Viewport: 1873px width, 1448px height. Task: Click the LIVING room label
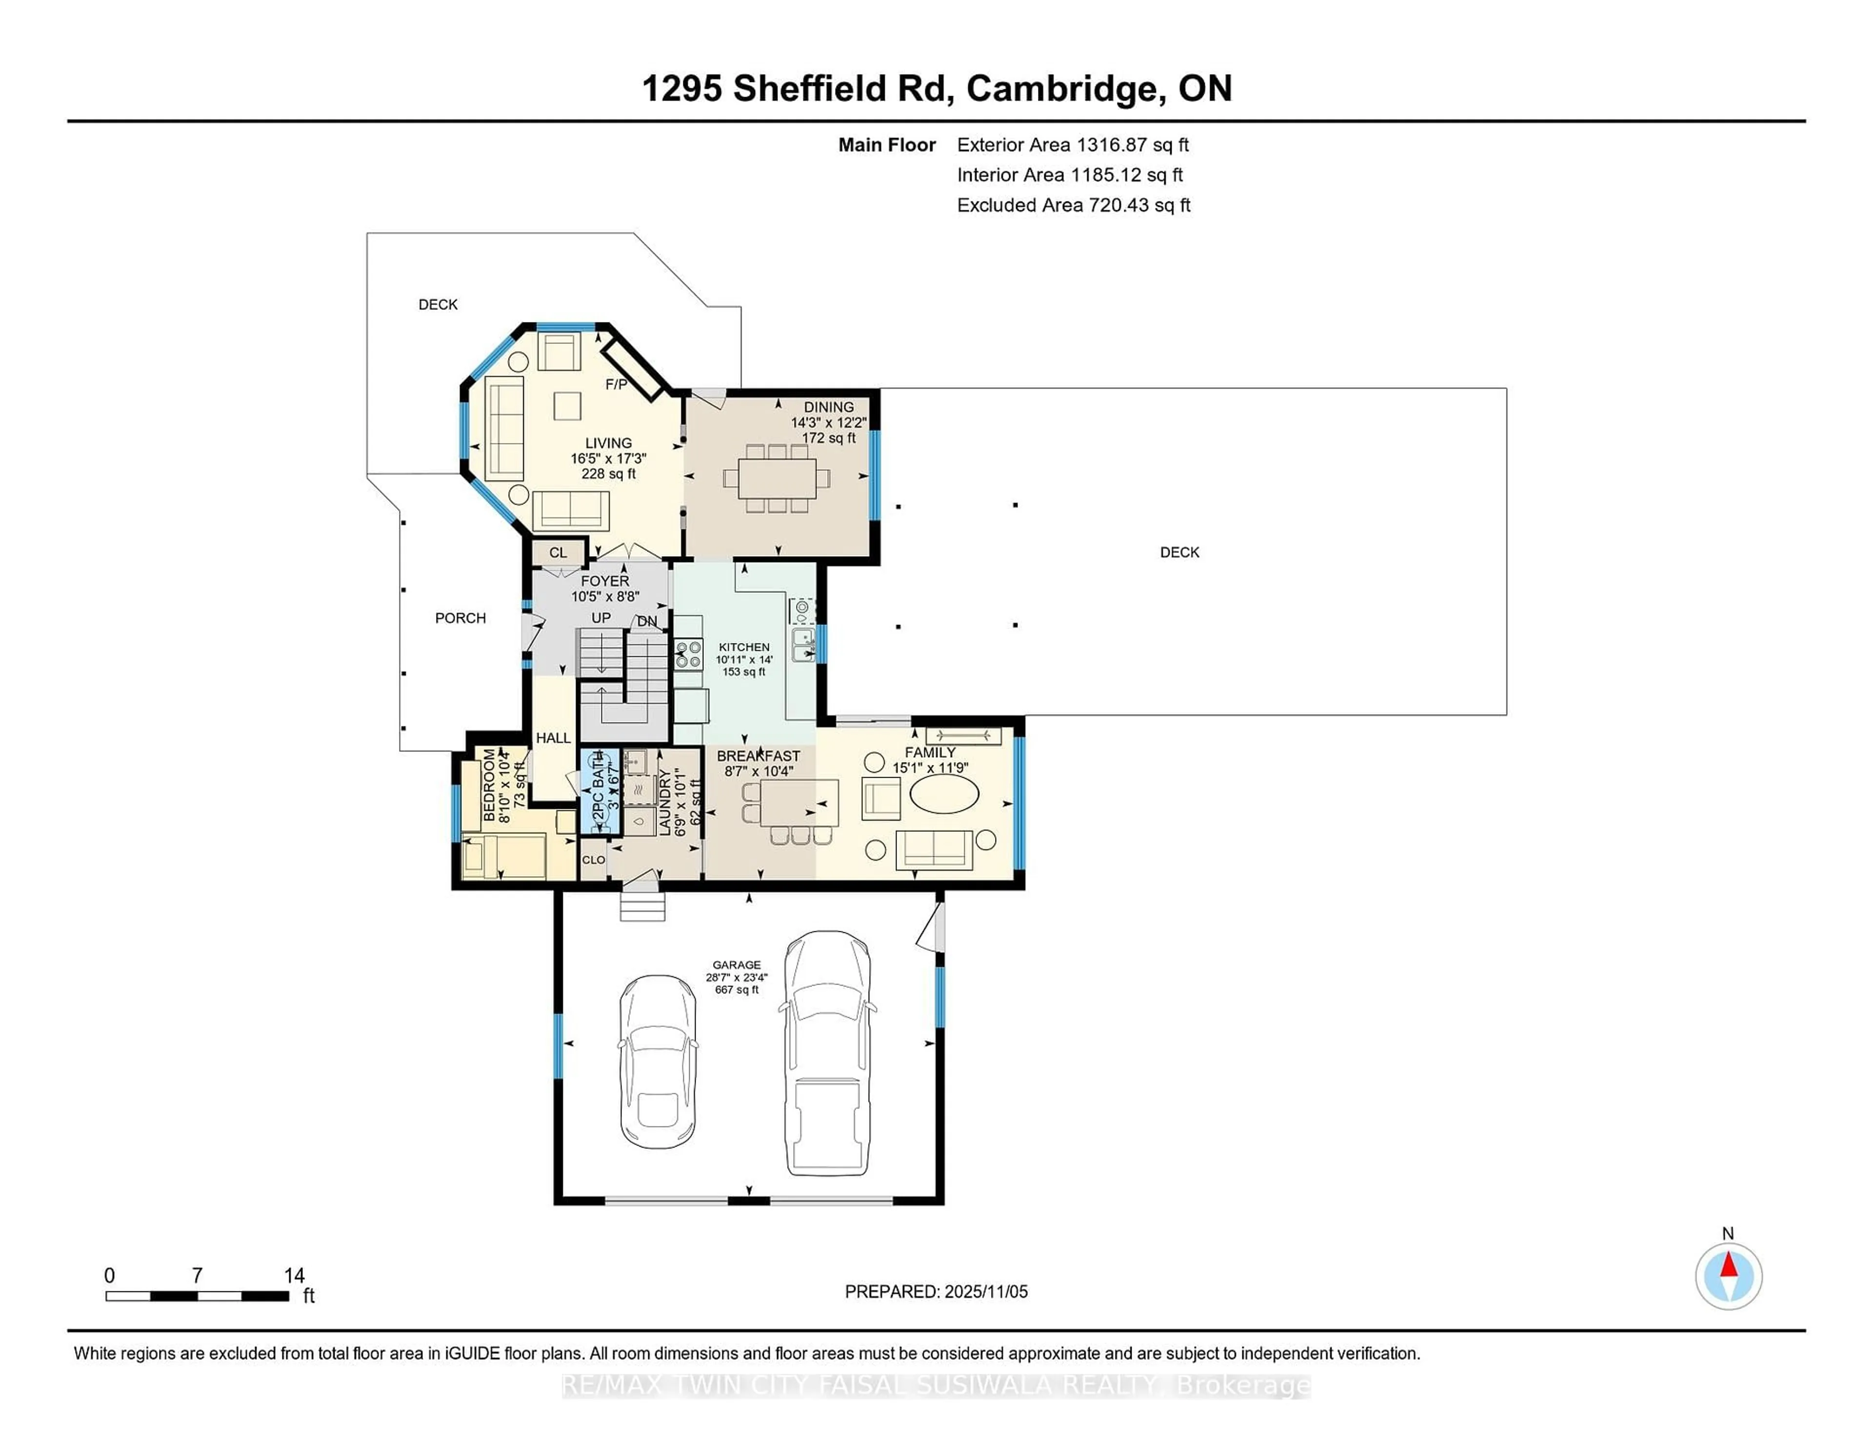click(x=608, y=443)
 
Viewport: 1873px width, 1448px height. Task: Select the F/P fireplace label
click(x=616, y=384)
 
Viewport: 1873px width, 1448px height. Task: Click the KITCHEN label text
click(x=743, y=647)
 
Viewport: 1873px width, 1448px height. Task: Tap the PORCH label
click(x=460, y=618)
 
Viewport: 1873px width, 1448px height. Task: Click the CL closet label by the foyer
click(x=558, y=552)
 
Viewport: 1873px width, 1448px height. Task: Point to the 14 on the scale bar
click(x=294, y=1276)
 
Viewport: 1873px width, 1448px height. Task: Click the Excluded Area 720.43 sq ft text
click(x=1074, y=205)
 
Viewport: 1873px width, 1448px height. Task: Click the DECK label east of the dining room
click(x=1179, y=552)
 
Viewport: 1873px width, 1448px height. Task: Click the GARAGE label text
click(x=737, y=965)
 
